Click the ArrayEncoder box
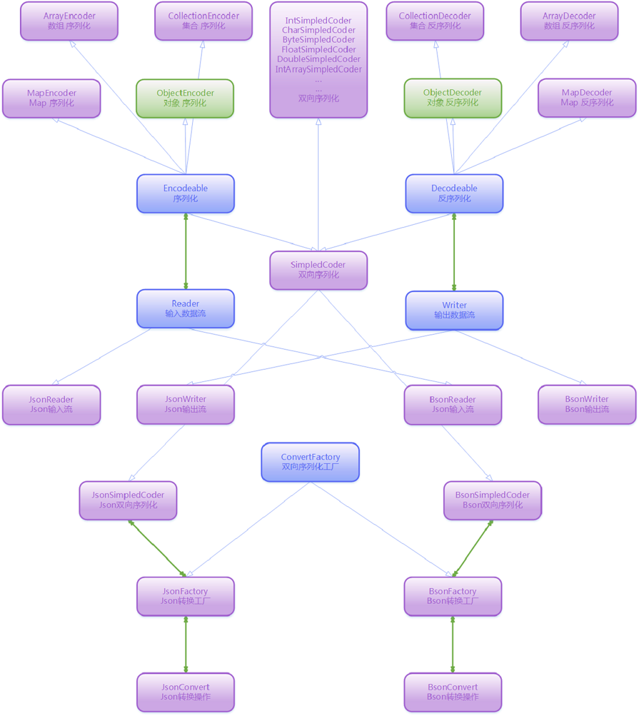pos(69,21)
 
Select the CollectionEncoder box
pos(203,21)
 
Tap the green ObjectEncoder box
pos(185,98)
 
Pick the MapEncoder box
pos(51,98)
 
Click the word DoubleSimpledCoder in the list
pos(318,59)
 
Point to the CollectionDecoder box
pos(435,21)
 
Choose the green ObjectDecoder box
pos(452,98)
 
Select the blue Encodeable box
pos(185,194)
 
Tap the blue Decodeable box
pos(454,194)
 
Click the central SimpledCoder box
pos(318,270)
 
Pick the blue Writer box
pos(454,310)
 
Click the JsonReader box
pos(51,405)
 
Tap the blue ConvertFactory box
pos(310,462)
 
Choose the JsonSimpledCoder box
pos(128,500)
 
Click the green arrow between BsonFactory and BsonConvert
pos(453,644)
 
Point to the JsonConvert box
pos(185,692)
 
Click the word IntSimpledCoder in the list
pos(318,21)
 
